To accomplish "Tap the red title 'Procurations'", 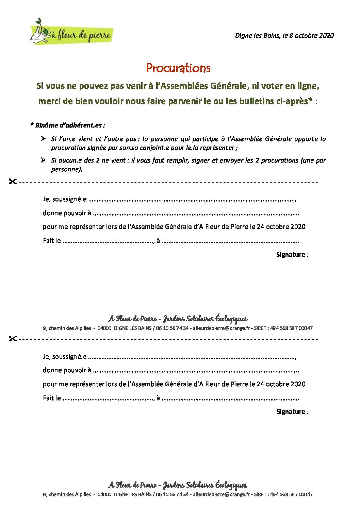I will click(178, 68).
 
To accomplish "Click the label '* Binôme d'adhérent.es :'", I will click(67, 125).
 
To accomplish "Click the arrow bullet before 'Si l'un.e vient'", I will click(43, 139).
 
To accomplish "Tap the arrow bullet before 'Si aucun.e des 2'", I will click(43, 160).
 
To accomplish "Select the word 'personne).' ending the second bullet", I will click(67, 169).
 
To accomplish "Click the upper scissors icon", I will click(12, 182).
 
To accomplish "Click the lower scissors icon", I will click(12, 339).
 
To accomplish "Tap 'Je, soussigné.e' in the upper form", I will click(65, 199).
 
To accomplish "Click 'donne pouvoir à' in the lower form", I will click(67, 370).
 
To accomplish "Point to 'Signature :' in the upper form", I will click(292, 255).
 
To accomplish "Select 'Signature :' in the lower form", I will click(292, 412).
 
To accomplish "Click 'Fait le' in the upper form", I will click(52, 241).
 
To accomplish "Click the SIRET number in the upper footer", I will click(291, 328).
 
